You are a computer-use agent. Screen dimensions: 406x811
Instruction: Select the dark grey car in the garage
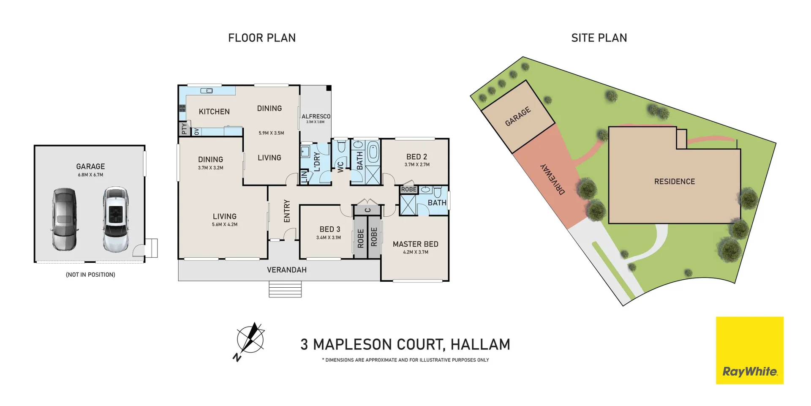tap(65, 219)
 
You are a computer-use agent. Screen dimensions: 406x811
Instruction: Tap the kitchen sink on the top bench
tap(207, 91)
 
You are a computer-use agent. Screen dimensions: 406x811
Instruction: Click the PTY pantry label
tap(184, 128)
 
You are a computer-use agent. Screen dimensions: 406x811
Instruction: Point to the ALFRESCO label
tap(316, 116)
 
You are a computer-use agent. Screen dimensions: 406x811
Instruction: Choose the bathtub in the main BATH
tap(373, 152)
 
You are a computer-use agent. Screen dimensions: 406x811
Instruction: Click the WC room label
tap(340, 166)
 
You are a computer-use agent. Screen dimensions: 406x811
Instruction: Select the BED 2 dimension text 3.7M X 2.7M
tap(417, 165)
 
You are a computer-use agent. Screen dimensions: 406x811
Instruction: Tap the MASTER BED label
tap(415, 244)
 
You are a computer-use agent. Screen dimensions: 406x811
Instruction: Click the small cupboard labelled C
tap(367, 210)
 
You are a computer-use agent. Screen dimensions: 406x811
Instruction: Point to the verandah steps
tap(285, 289)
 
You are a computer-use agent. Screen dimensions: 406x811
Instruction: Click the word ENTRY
tap(287, 211)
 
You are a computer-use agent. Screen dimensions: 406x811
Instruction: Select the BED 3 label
tap(329, 229)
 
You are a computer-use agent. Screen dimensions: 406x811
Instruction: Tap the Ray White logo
tap(749, 350)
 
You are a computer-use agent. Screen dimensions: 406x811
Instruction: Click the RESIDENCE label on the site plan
tap(674, 182)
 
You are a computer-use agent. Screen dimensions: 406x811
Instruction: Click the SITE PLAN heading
tap(599, 38)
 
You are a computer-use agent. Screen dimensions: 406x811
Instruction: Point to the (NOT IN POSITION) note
tap(90, 275)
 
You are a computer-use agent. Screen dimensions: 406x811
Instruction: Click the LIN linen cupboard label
tap(304, 177)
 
